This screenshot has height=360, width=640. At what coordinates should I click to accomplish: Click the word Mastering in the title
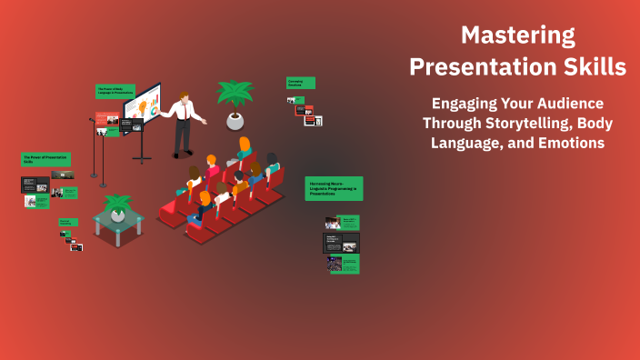517,35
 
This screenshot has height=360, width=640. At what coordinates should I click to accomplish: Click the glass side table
118,218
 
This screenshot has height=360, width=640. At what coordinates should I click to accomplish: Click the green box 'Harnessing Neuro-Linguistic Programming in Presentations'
334,188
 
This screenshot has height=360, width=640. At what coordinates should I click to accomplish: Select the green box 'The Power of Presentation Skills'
45,159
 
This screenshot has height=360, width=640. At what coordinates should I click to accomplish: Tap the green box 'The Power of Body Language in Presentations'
115,92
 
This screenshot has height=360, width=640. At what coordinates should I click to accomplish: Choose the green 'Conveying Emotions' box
301,83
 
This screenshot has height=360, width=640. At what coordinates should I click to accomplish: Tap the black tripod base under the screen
143,155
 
